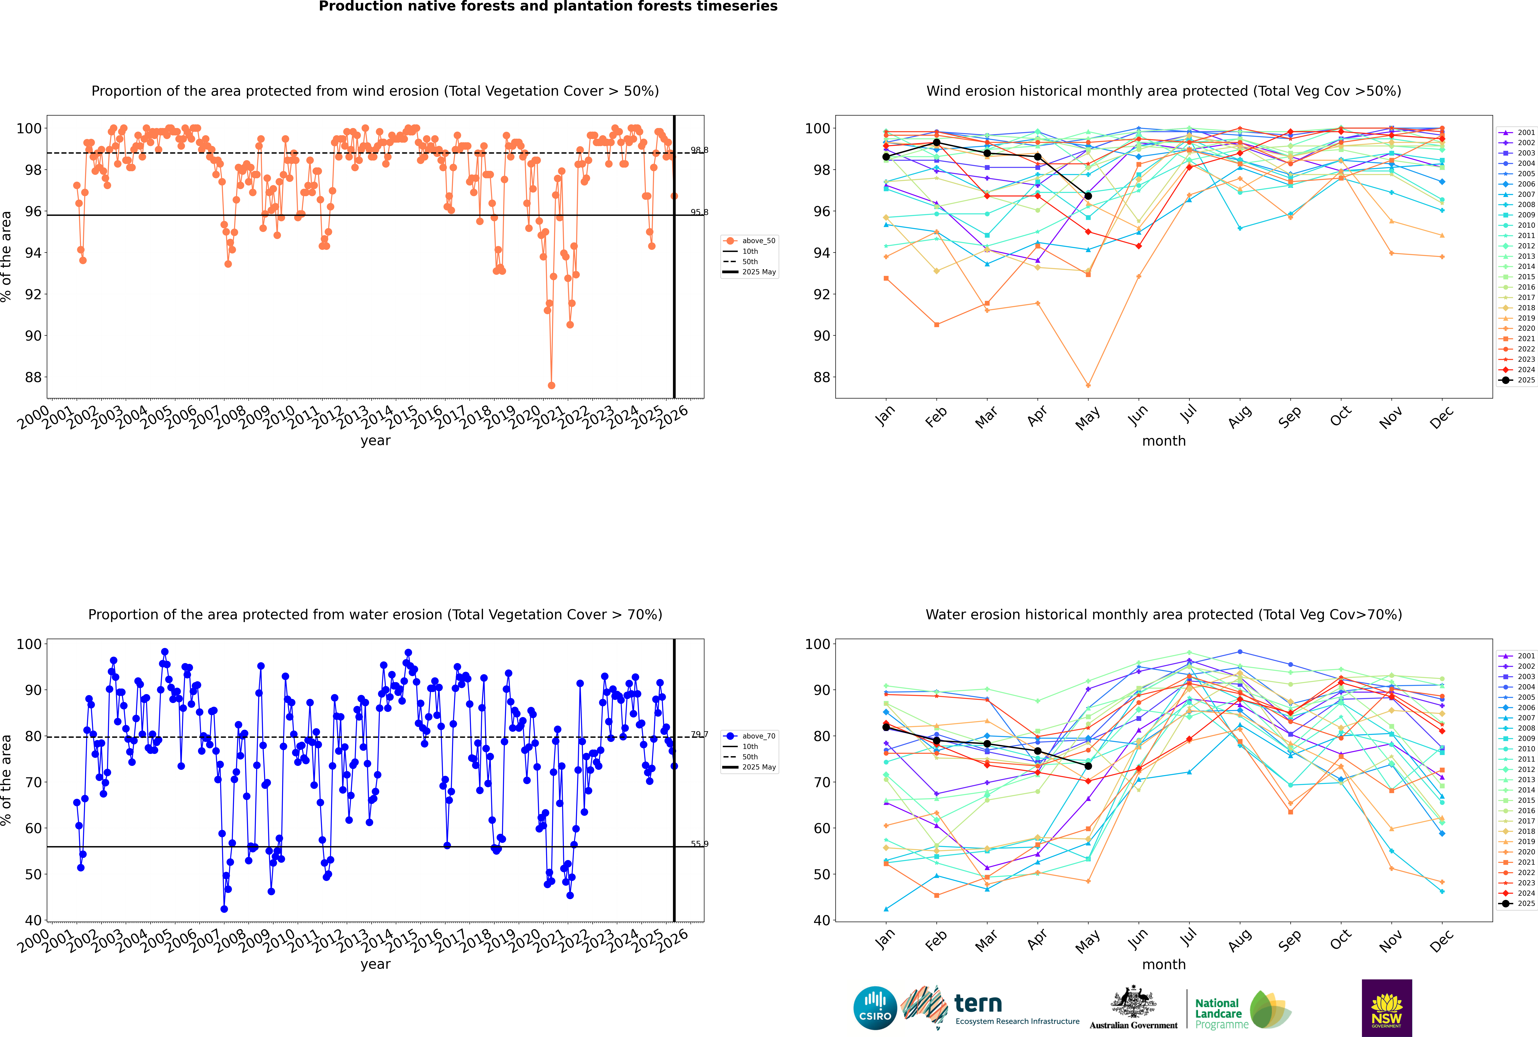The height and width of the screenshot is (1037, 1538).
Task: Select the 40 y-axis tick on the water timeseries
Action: coord(33,920)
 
